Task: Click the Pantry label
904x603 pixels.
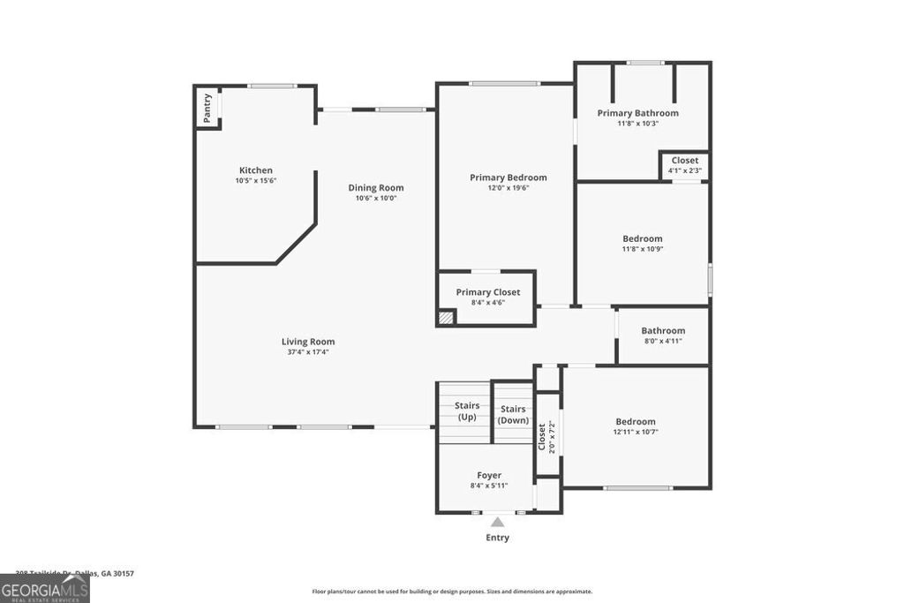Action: (207, 107)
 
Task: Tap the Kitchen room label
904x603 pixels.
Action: (256, 170)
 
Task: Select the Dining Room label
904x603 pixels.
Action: (375, 187)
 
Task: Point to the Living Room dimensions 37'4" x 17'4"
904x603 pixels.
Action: (308, 352)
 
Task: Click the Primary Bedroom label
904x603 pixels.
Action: (508, 177)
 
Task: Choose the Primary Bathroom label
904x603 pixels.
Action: (637, 113)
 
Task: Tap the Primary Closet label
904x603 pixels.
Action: (487, 292)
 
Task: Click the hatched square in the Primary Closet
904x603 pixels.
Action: (447, 317)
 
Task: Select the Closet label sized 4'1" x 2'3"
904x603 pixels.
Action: (684, 161)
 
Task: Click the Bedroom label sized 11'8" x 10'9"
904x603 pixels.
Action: (642, 238)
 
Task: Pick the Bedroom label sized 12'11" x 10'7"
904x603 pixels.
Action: (636, 422)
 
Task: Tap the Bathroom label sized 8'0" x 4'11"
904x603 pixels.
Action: (663, 331)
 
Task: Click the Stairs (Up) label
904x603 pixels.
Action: (467, 411)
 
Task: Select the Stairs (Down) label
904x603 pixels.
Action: (513, 415)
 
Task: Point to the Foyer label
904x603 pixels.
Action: (489, 475)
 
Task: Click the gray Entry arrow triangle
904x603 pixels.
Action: (498, 522)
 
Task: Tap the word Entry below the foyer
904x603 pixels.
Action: (498, 538)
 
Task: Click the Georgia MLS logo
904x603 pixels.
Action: (44, 587)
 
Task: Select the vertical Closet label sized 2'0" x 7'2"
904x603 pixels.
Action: (542, 436)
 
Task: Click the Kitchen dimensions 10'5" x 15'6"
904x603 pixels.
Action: (256, 181)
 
